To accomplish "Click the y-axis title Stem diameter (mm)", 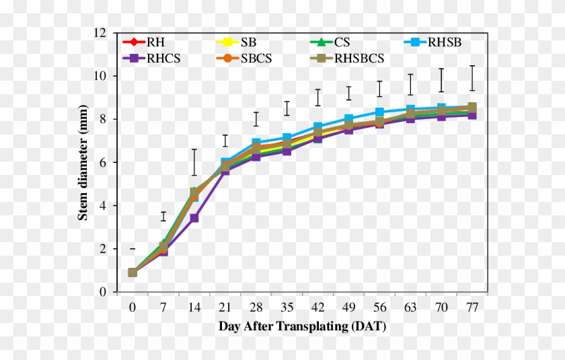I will [x=83, y=162].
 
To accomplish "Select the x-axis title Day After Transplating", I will [x=302, y=326].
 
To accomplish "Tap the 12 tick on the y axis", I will [x=100, y=33].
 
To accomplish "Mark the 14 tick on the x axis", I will [x=194, y=308].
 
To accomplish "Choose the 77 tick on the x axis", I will [x=472, y=308].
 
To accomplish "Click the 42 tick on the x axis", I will [x=317, y=308].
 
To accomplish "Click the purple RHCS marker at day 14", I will [x=194, y=218].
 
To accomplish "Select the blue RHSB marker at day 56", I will [x=379, y=112].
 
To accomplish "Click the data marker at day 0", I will [x=133, y=273].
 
